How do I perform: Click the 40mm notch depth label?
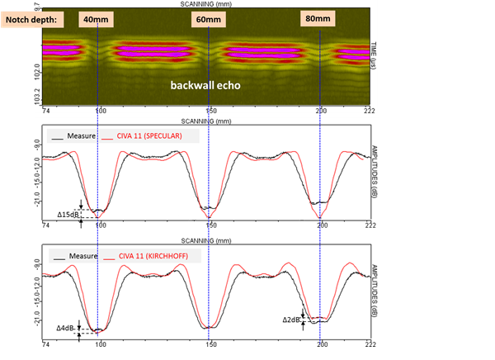point(93,18)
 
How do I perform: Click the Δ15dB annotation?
point(68,215)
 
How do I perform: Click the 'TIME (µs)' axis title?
point(374,56)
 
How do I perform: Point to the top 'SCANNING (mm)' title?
point(207,4)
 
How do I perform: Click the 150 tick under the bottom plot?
point(210,343)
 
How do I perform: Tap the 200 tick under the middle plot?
point(321,225)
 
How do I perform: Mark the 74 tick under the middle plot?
point(46,225)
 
